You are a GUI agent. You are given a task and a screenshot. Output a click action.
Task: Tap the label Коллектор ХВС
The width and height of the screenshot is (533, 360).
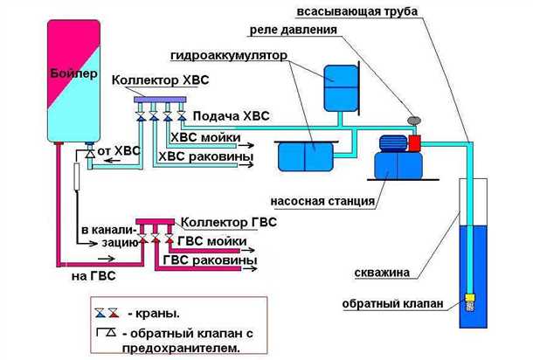160,80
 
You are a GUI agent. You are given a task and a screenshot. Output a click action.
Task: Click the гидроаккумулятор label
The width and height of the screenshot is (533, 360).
228,52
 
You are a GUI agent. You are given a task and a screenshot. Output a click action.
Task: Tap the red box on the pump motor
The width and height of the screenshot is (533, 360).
414,141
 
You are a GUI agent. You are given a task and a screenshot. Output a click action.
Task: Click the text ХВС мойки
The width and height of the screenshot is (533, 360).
205,137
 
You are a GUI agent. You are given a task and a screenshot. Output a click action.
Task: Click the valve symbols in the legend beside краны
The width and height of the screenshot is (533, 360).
106,310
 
